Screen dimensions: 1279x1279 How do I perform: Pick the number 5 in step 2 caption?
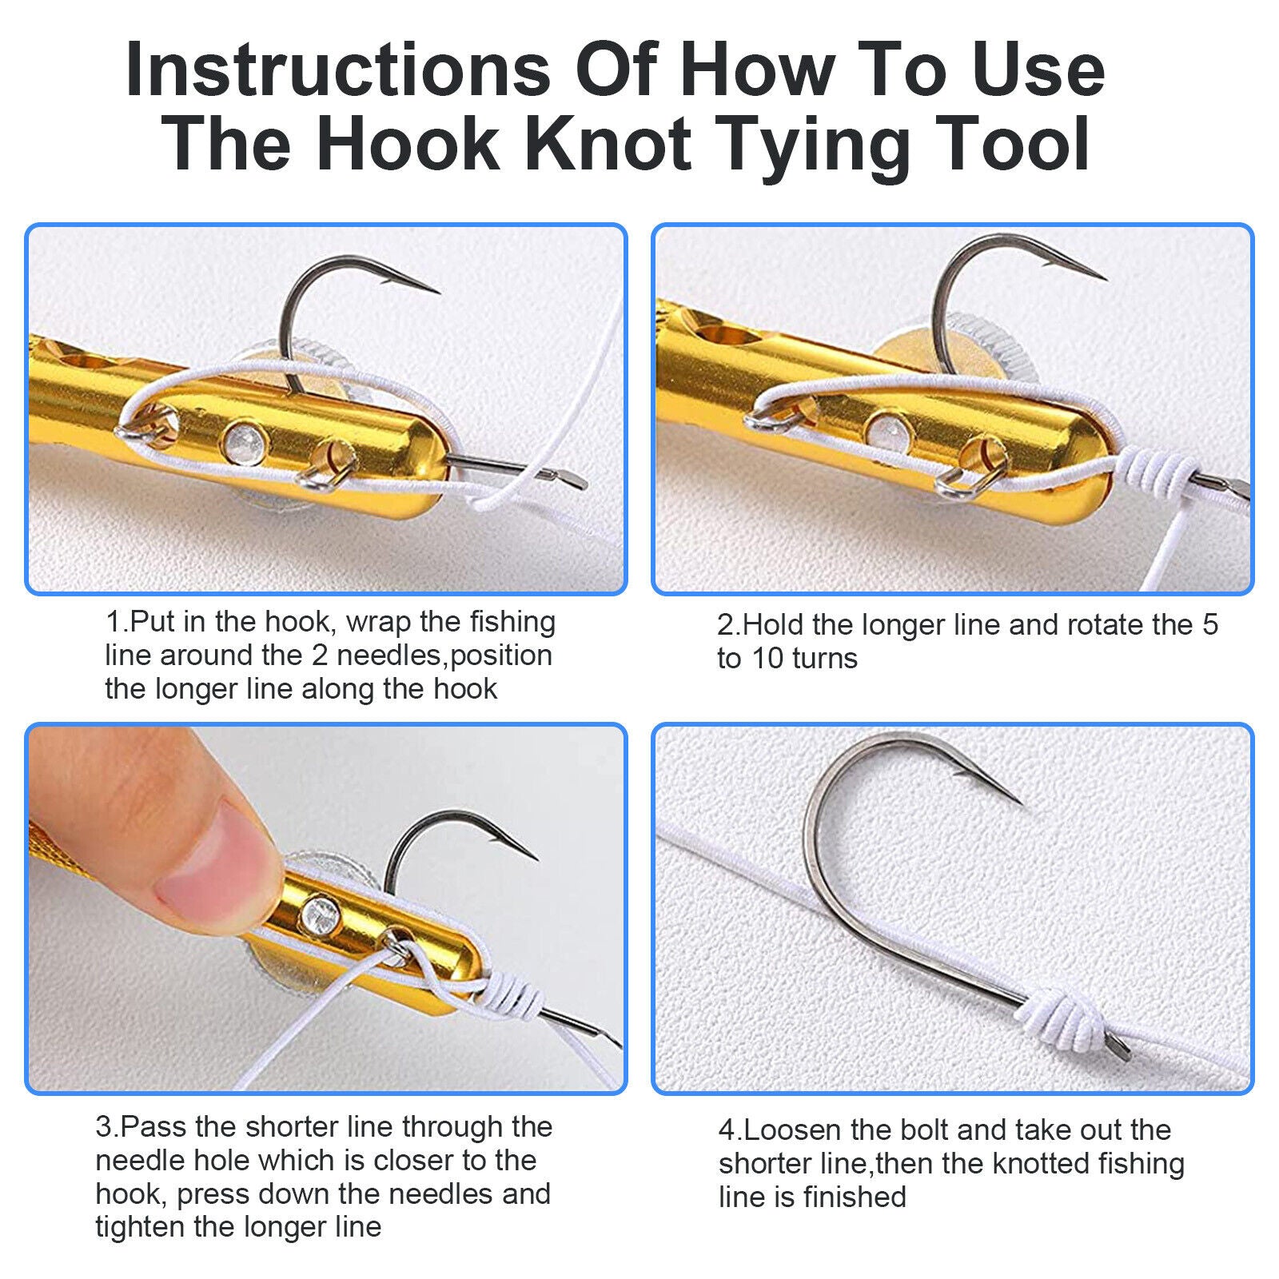(x=1209, y=625)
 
